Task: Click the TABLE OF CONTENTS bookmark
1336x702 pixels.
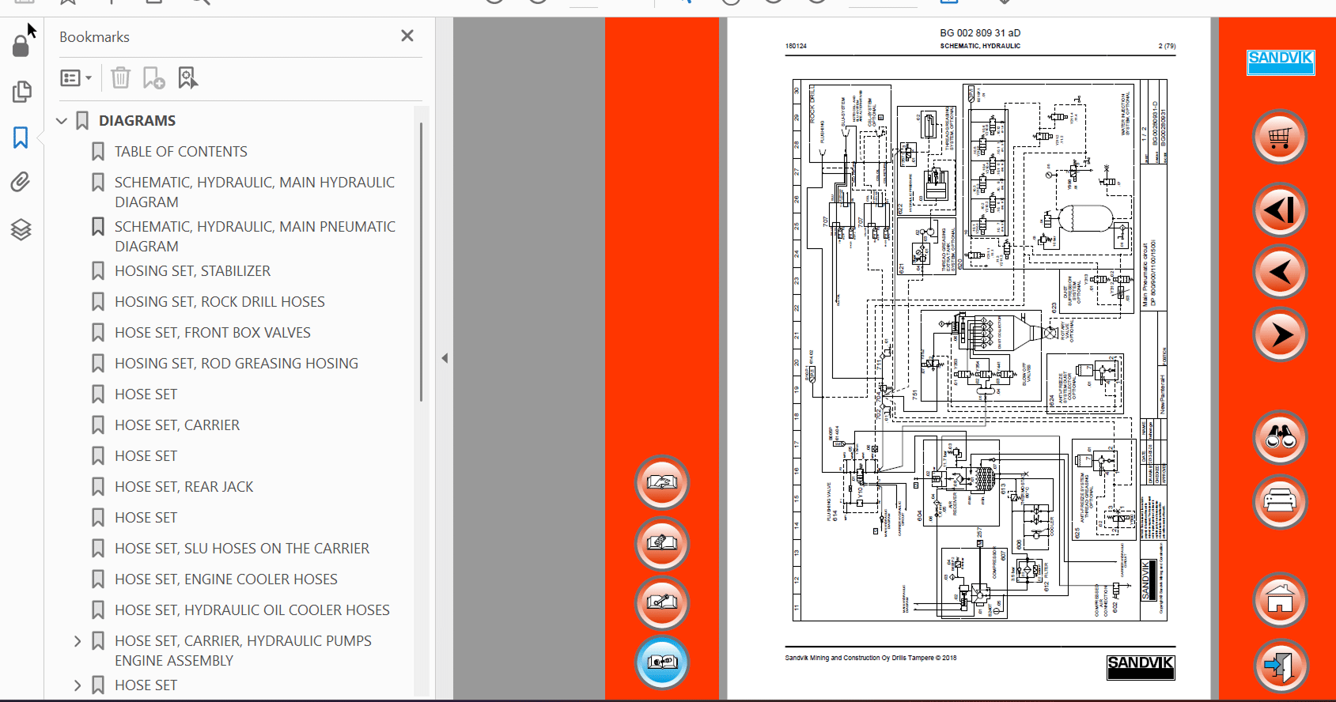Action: (180, 152)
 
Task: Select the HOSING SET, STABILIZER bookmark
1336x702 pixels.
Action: (192, 271)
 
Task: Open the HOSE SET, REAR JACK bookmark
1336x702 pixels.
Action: (184, 487)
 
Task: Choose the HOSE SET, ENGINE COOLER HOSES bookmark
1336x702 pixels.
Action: (225, 579)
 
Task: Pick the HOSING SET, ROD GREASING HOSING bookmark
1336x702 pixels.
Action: (236, 364)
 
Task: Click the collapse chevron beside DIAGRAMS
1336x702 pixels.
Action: (62, 121)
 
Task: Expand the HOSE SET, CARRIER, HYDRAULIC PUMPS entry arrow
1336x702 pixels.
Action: (78, 641)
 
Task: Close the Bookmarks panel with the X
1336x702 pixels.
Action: (407, 36)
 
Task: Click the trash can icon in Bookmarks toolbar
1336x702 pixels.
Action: (120, 77)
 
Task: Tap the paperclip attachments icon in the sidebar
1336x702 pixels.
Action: (21, 183)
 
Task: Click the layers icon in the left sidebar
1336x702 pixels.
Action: (21, 230)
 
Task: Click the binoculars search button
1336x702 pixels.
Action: (1280, 437)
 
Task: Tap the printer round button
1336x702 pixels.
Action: (1280, 502)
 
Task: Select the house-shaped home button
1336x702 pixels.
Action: (1280, 600)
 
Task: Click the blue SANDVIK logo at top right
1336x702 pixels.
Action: (1281, 62)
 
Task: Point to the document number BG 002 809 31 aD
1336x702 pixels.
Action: (980, 33)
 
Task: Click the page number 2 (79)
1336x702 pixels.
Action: (1167, 46)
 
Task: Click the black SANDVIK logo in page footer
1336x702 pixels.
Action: (1141, 666)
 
